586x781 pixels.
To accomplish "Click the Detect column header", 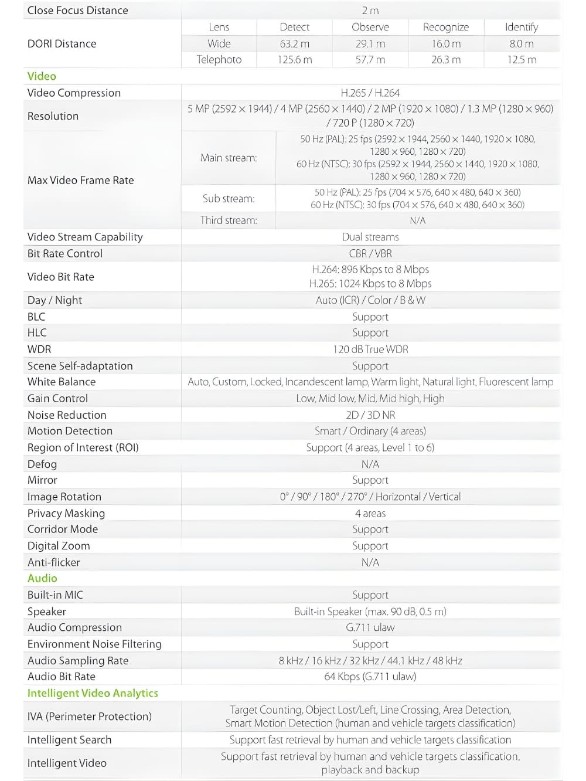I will coord(294,27).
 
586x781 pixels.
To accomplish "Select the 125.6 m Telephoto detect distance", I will coord(294,60).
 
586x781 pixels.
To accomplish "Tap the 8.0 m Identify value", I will coord(521,43).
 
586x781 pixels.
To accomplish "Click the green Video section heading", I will coord(42,76).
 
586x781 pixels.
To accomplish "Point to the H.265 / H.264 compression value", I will coord(370,93).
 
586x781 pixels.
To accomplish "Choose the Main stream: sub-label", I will coord(228,158).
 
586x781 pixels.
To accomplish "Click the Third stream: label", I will coord(228,220).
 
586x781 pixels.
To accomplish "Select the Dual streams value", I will coord(370,237).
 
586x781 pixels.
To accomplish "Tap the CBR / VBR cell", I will coord(370,253).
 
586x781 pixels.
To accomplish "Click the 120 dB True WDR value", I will coord(370,349).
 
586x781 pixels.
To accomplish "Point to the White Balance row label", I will coord(62,382).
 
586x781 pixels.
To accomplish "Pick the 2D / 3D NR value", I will coord(370,415).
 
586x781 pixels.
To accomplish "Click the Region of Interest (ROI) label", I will coord(83,447).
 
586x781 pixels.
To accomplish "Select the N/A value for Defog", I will coord(370,464).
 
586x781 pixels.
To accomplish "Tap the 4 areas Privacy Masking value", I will coord(370,514).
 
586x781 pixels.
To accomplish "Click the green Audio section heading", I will coord(42,578).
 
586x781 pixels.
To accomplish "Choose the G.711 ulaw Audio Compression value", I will coord(370,627).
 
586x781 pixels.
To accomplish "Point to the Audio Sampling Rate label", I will coord(78,661).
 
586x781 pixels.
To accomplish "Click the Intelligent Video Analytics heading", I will coord(93,693).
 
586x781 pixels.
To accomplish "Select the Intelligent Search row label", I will coord(69,740).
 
